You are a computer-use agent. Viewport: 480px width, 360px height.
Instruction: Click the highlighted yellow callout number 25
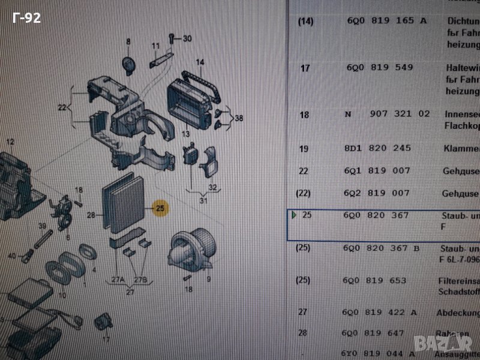click(x=160, y=208)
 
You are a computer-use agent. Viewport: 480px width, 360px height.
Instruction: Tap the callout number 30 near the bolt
click(x=187, y=39)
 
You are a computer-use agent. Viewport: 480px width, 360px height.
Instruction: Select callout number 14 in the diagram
click(x=200, y=62)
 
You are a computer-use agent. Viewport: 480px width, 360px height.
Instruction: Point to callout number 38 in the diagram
click(x=239, y=118)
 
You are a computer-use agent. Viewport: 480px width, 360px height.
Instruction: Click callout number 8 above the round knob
click(x=128, y=41)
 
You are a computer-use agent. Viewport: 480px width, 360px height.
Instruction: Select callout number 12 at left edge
click(x=10, y=142)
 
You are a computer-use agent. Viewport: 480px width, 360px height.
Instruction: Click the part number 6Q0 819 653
click(x=375, y=280)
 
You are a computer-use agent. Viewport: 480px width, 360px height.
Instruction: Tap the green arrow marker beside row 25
click(x=294, y=215)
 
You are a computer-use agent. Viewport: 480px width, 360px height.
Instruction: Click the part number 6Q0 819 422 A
click(x=380, y=312)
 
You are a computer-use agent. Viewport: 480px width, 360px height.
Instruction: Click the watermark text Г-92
click(x=27, y=19)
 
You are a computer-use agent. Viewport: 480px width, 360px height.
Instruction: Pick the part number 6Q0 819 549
click(x=379, y=68)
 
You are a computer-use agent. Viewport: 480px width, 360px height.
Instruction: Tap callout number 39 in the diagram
click(x=43, y=226)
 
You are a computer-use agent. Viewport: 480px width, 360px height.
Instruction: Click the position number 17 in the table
click(x=305, y=68)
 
